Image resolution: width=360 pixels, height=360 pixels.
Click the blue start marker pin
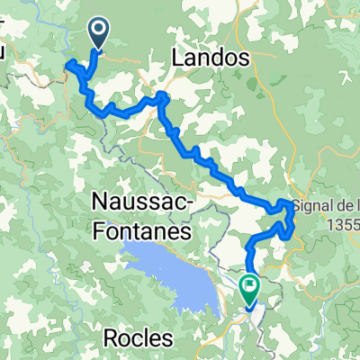coord(98,34)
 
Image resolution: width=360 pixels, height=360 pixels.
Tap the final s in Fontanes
coord(185,231)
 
